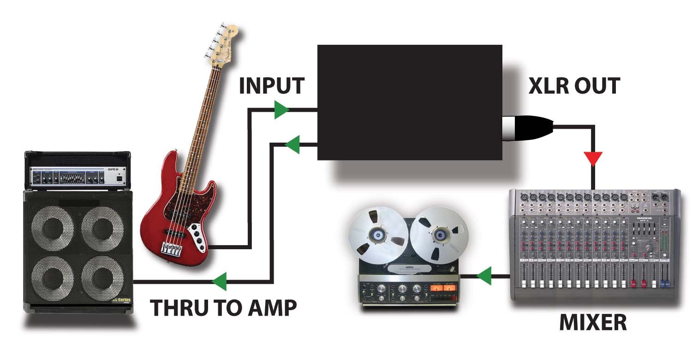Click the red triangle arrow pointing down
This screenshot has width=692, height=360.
[x=593, y=158]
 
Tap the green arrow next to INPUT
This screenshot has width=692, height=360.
[x=280, y=110]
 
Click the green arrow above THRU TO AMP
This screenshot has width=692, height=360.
[x=220, y=281]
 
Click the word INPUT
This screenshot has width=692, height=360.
[x=272, y=86]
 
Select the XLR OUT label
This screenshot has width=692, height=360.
[x=573, y=86]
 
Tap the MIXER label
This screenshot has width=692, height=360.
[x=593, y=323]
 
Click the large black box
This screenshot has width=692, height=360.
[x=409, y=102]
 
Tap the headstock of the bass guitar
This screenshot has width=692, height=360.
[x=225, y=44]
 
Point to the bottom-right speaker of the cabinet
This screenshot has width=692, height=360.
[x=102, y=278]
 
